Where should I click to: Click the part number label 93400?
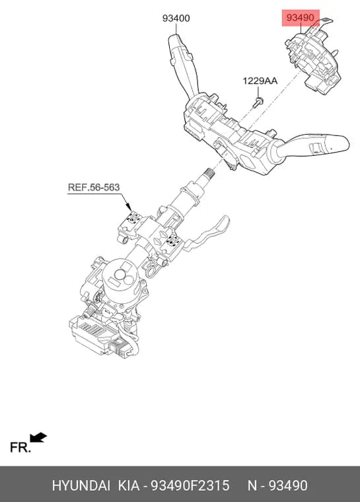[x=176, y=18]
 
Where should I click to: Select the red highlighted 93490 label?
[x=301, y=18]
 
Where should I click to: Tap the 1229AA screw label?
[x=260, y=81]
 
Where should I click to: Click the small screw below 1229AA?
[x=258, y=102]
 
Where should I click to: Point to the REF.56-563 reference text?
[x=94, y=188]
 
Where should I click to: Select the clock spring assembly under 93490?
[x=313, y=60]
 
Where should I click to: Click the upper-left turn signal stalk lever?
[x=182, y=64]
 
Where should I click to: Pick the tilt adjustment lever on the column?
[x=209, y=233]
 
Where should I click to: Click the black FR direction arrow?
[x=38, y=437]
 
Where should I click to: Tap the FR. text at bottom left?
[x=20, y=447]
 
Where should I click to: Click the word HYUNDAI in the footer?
[x=81, y=485]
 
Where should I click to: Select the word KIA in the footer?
[x=129, y=485]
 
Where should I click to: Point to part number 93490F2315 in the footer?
[x=190, y=485]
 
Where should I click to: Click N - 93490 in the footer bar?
[x=277, y=485]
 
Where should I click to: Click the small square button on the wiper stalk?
[x=314, y=147]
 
